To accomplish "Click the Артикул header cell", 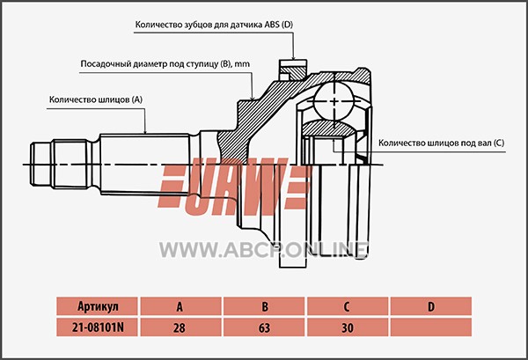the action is click(98, 306).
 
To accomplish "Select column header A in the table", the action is click(180, 306).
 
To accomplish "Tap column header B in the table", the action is click(264, 306).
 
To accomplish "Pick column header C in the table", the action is click(348, 306).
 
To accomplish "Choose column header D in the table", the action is click(431, 306).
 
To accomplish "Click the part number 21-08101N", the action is click(98, 327).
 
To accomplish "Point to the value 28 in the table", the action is click(180, 327).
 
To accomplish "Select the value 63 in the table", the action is click(264, 327).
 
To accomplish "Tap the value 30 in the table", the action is click(348, 327).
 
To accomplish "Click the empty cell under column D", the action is click(431, 327).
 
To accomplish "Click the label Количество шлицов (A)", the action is click(96, 99).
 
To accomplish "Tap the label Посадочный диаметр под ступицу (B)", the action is click(165, 64).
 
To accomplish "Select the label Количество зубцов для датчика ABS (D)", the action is click(214, 25).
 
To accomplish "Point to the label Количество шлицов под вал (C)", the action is click(442, 143).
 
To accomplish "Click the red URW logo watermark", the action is click(234, 187).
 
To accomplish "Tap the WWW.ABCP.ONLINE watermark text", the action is click(264, 250).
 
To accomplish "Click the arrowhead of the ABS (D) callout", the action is click(294, 58).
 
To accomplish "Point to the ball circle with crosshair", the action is click(334, 101).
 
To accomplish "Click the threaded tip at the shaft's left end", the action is click(41, 165).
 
